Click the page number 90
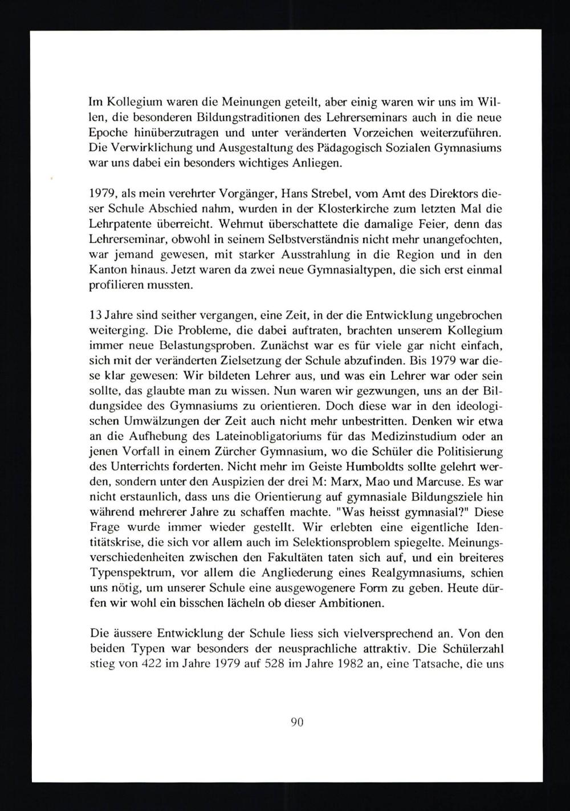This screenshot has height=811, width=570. (296, 722)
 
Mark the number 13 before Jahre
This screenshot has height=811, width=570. (96, 315)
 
